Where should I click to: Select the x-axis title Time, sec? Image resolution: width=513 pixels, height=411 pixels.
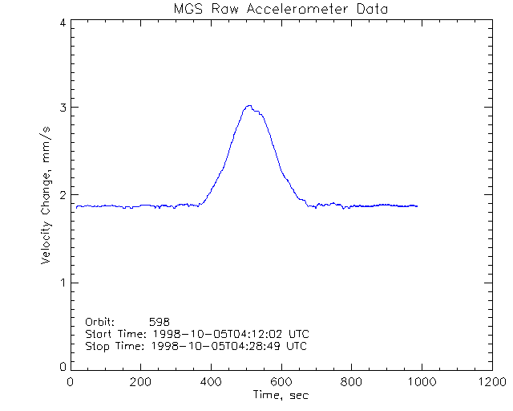pyautogui.click(x=281, y=395)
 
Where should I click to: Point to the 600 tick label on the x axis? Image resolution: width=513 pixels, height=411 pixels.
pyautogui.click(x=281, y=382)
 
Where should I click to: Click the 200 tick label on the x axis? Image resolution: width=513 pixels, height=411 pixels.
pyautogui.click(x=140, y=382)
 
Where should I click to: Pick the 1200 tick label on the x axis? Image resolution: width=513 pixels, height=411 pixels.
pyautogui.click(x=489, y=382)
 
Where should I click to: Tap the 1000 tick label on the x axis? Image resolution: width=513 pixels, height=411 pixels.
pyautogui.click(x=419, y=382)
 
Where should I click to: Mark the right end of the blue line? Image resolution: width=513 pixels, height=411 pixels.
pyautogui.click(x=417, y=206)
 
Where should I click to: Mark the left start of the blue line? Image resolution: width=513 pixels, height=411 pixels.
pyautogui.click(x=76, y=206)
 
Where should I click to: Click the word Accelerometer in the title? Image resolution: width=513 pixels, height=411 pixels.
pyautogui.click(x=290, y=9)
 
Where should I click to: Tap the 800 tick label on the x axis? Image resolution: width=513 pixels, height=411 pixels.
pyautogui.click(x=350, y=382)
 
